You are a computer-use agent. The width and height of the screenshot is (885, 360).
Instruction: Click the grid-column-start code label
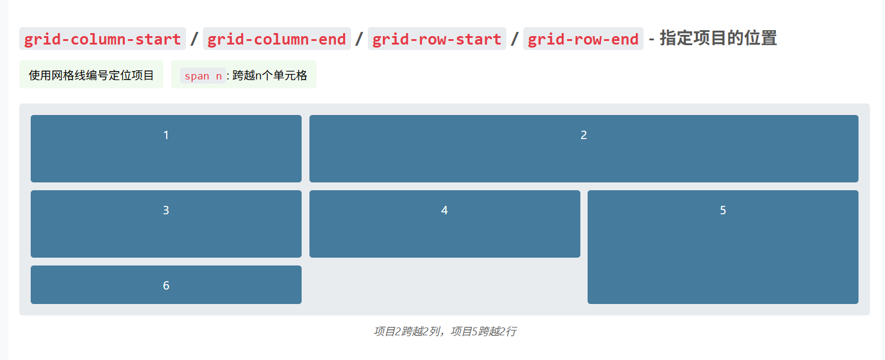pyautogui.click(x=102, y=39)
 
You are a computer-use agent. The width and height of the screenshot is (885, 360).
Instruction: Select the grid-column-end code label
pyautogui.click(x=277, y=39)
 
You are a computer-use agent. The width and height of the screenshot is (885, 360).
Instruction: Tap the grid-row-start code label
pyautogui.click(x=437, y=39)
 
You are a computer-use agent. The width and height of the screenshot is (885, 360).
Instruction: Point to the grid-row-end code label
pyautogui.click(x=583, y=39)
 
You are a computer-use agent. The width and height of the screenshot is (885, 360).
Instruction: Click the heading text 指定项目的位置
pyautogui.click(x=718, y=39)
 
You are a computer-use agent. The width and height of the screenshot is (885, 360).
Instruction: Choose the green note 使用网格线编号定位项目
pyautogui.click(x=92, y=75)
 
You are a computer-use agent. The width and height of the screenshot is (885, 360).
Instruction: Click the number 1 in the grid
pyautogui.click(x=166, y=135)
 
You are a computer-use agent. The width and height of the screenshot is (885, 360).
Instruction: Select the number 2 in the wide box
pyautogui.click(x=583, y=135)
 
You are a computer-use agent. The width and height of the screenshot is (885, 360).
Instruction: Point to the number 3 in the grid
pyautogui.click(x=166, y=211)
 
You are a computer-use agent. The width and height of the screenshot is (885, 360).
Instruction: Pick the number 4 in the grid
pyautogui.click(x=444, y=211)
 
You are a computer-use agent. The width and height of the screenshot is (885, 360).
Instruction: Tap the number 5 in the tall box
pyautogui.click(x=723, y=211)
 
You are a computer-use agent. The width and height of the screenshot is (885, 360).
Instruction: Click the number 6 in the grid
pyautogui.click(x=166, y=285)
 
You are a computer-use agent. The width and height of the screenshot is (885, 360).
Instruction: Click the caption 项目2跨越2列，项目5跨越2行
pyautogui.click(x=444, y=331)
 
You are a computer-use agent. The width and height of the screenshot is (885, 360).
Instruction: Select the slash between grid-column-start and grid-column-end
pyautogui.click(x=194, y=39)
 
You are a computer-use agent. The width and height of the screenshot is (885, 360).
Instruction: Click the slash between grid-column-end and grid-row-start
pyautogui.click(x=359, y=39)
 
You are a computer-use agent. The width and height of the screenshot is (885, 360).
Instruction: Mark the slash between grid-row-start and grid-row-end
pyautogui.click(x=515, y=39)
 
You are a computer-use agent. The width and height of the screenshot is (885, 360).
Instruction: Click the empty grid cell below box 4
pyautogui.click(x=444, y=284)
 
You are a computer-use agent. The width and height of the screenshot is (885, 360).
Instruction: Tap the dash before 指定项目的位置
pyautogui.click(x=651, y=39)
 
